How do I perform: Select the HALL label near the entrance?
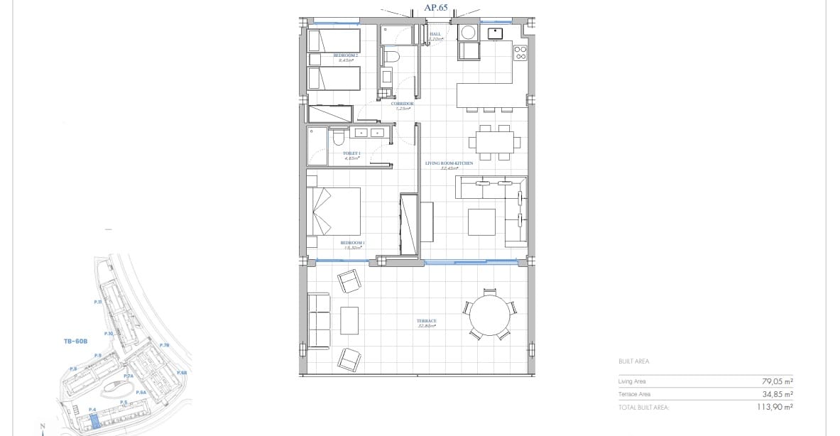435,33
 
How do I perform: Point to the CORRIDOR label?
402,104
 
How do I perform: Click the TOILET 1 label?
352,153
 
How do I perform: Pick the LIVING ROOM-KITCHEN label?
449,163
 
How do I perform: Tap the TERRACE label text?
426,321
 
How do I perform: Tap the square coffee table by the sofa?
481,221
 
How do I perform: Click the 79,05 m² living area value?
777,381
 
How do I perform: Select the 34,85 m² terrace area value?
777,394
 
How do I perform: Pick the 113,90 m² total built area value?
775,407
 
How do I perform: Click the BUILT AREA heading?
633,361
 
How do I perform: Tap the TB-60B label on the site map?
75,341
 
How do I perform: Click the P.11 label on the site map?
98,302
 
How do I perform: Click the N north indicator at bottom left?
43,427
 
